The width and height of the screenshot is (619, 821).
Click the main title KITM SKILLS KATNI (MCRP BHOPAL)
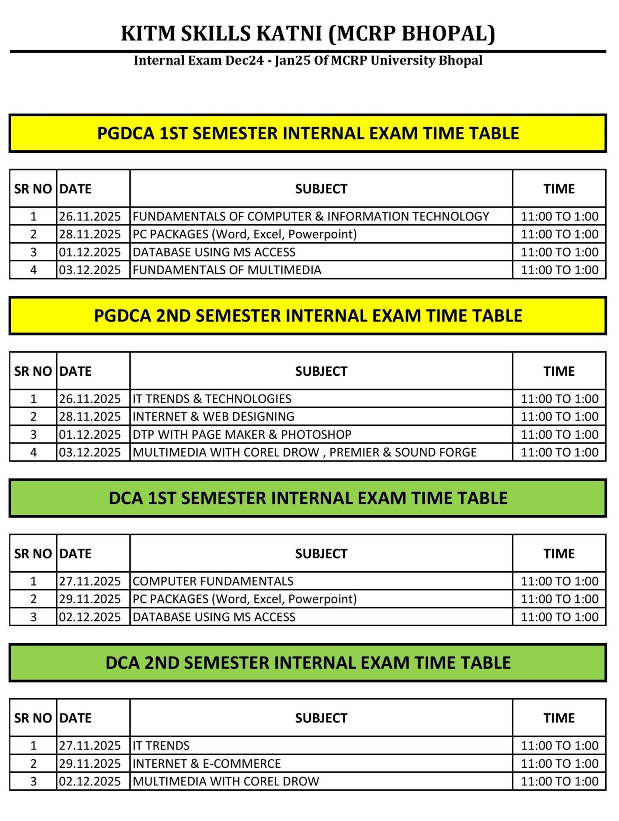pos(308,33)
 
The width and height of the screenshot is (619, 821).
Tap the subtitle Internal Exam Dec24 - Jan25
pos(308,61)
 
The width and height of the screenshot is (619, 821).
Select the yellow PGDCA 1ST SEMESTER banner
pos(308,133)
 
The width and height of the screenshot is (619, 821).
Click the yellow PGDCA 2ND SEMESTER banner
pos(308,316)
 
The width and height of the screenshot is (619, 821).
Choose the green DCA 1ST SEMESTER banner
pos(308,498)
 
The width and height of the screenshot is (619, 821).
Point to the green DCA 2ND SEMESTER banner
pos(308,663)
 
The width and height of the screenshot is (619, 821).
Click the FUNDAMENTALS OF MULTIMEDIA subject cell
pos(227,270)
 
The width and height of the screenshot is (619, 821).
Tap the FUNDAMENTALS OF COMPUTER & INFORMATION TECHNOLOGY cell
pos(311,216)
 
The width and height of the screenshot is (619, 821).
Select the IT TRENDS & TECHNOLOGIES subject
pos(212,399)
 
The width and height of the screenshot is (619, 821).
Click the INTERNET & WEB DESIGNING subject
pos(213,417)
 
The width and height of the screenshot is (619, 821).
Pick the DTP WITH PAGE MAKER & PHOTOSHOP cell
pos(242,434)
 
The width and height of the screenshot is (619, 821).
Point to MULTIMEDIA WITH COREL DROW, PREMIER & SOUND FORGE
pos(304,452)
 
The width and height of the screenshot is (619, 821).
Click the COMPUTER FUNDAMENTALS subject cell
pos(213,581)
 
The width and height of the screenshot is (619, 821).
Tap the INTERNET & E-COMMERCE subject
pos(207,764)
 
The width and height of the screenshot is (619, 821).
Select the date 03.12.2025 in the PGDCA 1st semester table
pos(90,270)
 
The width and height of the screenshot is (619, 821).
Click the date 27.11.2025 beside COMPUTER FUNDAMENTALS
pos(90,581)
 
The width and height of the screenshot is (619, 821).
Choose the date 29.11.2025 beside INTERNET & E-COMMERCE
pos(90,764)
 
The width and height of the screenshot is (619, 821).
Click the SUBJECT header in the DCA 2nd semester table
pos(321,718)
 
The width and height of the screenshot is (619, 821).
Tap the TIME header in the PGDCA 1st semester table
pos(559,189)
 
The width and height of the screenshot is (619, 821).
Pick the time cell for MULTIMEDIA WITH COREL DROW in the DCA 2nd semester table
pos(559,782)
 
